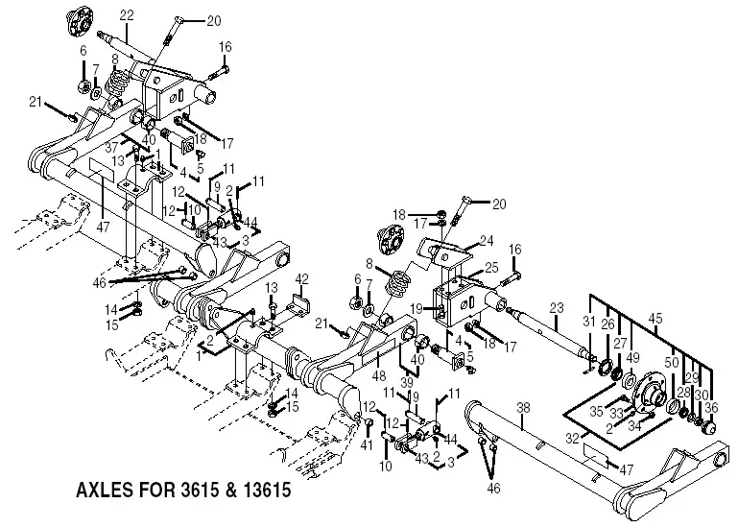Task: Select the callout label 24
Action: point(488,240)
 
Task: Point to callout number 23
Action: point(555,308)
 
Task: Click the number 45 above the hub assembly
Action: point(655,317)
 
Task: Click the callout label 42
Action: point(300,278)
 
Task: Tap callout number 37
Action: point(112,148)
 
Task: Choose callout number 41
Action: point(366,444)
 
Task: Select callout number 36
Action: point(711,407)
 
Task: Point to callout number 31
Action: point(589,321)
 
